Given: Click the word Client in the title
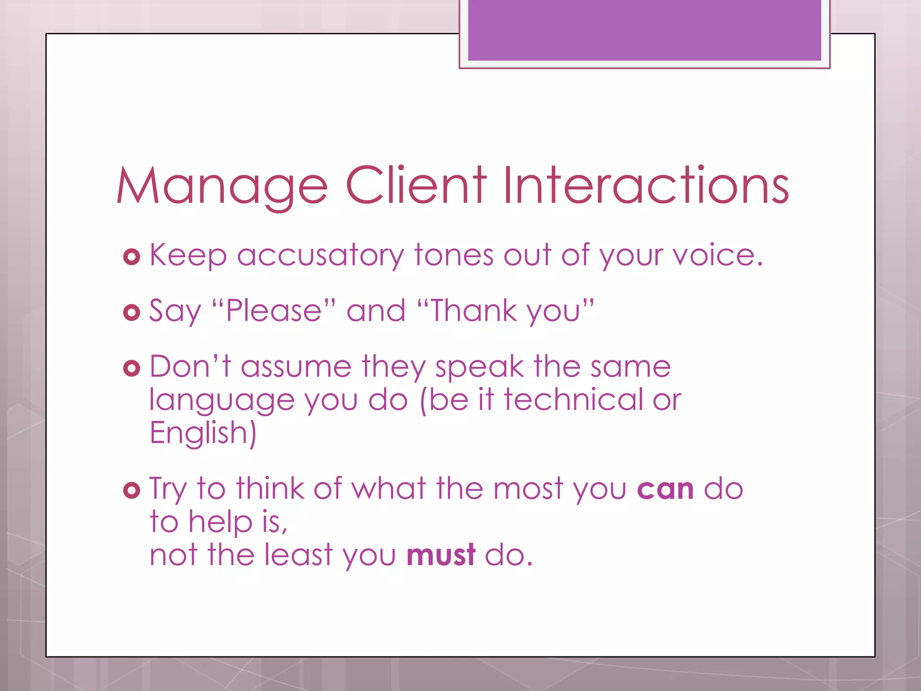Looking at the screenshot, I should (416, 185).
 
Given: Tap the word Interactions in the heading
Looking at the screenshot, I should (646, 185).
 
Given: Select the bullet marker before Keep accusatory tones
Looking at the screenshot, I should (131, 257).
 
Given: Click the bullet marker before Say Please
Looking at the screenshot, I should (131, 313).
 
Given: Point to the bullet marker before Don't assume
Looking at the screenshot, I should (131, 368).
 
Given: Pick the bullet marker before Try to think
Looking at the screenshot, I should (131, 490).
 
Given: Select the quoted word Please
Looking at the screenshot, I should (274, 310).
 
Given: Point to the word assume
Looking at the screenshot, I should (296, 366).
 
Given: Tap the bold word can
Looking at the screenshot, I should (665, 489).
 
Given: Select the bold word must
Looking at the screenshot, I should (441, 555).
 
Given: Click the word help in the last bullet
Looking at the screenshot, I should (220, 522).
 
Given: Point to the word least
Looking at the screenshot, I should (298, 555).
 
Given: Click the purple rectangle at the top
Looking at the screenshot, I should (644, 30).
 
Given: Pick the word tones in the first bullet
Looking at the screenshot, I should (454, 255).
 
